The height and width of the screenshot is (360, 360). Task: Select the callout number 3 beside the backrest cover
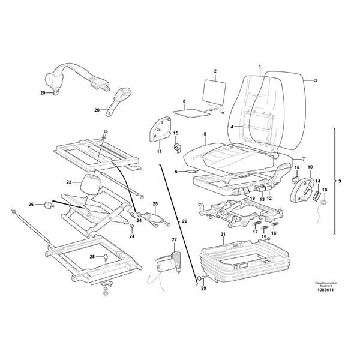(x=316, y=80)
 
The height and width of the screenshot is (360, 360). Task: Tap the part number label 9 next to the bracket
(x=341, y=181)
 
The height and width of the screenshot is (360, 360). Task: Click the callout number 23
(x=69, y=182)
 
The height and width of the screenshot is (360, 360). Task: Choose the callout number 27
(x=175, y=240)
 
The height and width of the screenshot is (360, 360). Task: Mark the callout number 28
(x=92, y=256)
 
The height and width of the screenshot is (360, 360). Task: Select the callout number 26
(x=31, y=205)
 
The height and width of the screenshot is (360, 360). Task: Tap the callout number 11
(x=160, y=152)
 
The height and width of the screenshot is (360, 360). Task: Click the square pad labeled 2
(x=213, y=92)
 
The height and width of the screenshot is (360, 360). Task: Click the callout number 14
(x=318, y=181)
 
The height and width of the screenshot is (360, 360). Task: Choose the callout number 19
(x=253, y=198)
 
